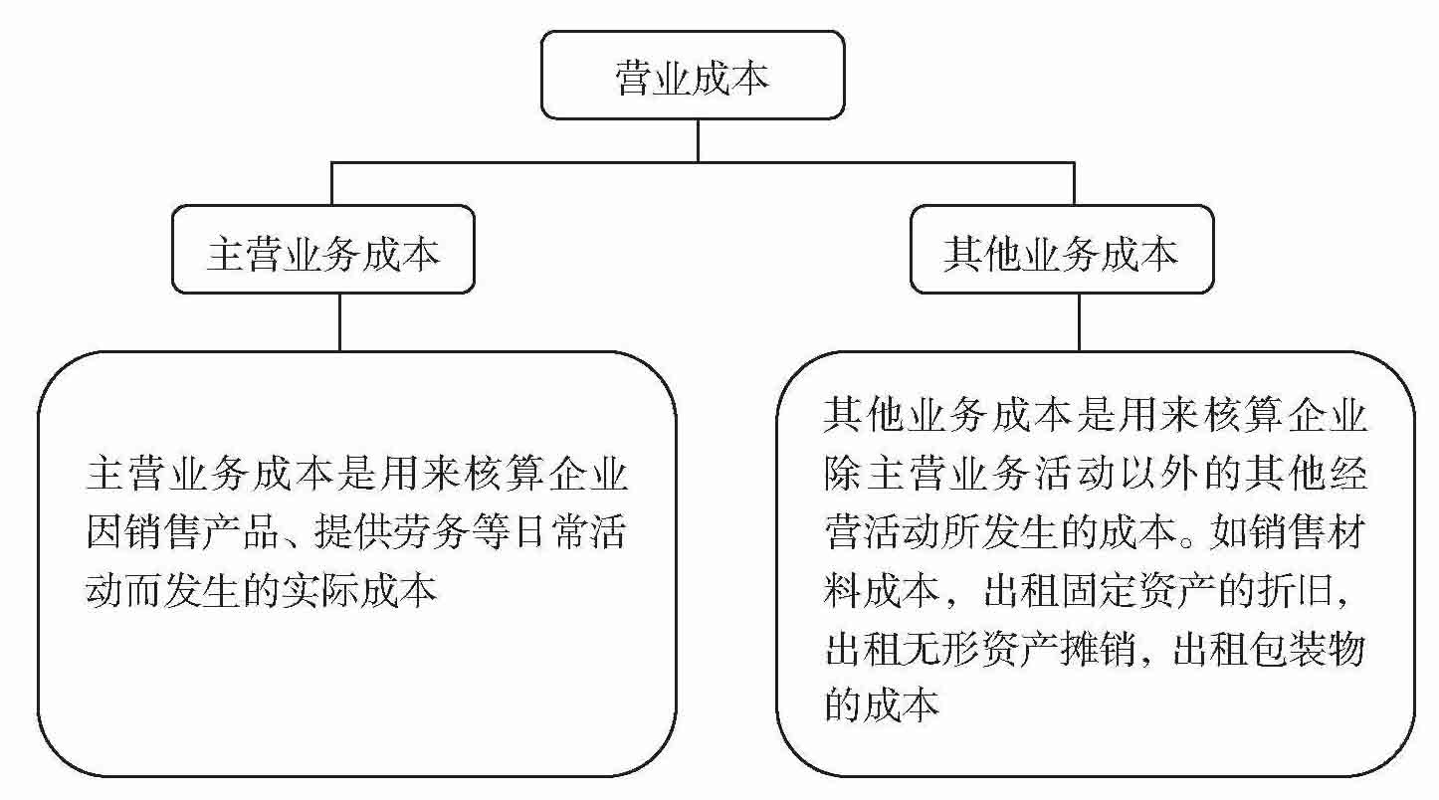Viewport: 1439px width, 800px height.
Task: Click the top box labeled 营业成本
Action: [693, 76]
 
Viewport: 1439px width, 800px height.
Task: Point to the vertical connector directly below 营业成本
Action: [697, 139]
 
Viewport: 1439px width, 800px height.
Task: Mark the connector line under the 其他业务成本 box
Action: [1079, 321]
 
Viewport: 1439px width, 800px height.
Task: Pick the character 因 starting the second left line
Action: [103, 534]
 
